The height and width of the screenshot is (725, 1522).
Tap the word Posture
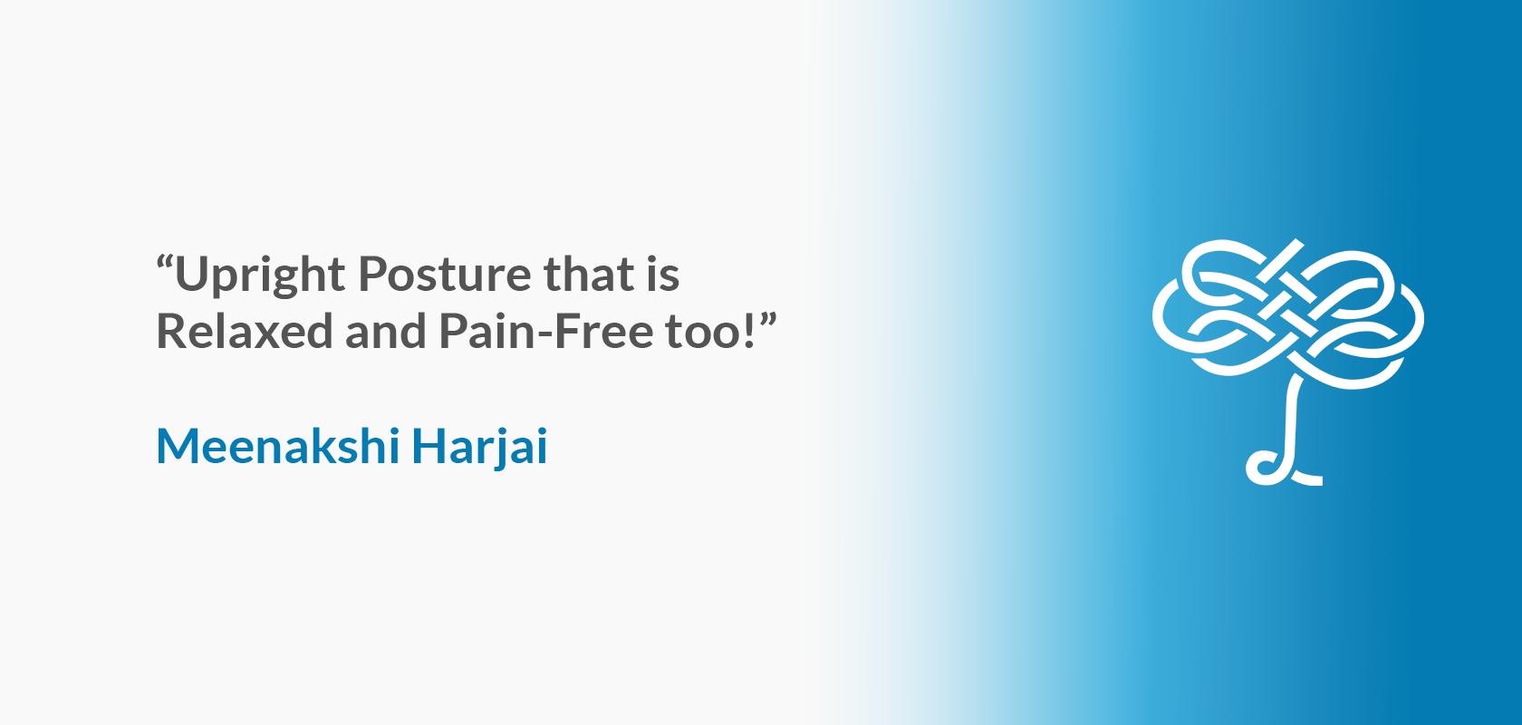pos(444,274)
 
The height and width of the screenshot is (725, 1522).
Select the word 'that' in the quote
pos(589,273)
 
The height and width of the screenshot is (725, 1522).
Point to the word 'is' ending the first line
pos(663,273)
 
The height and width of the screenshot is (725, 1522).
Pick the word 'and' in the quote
pos(385,331)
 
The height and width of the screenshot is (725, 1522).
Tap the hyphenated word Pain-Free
pos(545,331)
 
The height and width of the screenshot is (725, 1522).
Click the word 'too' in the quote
pos(705,333)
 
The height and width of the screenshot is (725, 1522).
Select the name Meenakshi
pos(278,446)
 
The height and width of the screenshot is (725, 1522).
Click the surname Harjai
pos(480,448)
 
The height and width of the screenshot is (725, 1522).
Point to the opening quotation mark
pos(165,262)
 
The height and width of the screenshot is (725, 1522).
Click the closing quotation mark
pos(768,319)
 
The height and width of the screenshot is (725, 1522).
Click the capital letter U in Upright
pos(191,274)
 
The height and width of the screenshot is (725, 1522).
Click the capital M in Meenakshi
pos(178,446)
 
